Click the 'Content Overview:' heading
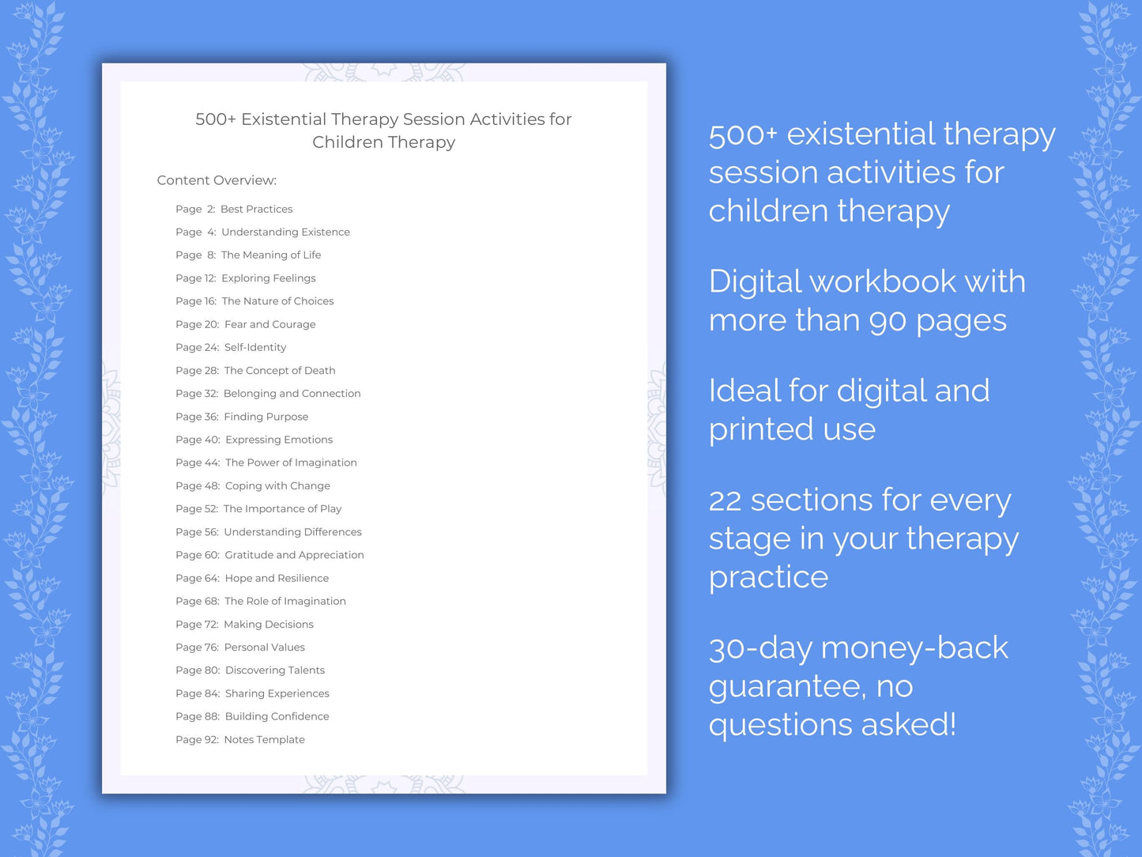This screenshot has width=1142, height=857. pos(217,180)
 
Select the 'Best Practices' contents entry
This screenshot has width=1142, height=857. pos(256,210)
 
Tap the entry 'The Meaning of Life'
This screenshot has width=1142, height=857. pos(271,255)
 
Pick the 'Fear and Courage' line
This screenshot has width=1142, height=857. pos(269,324)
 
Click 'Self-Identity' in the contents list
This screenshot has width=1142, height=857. pos(255,347)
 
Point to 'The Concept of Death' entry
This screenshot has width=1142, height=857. pos(280,371)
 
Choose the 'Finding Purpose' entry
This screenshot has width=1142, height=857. pos(266,417)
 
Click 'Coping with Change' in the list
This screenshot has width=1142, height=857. pos(277,486)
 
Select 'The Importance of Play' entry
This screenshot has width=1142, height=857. pos(282,509)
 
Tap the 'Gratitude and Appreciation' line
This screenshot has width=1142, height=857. pos(294,555)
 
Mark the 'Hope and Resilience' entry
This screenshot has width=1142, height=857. pos(277,579)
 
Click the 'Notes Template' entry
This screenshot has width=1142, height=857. pos(264,740)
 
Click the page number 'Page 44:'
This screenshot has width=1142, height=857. pos(198,463)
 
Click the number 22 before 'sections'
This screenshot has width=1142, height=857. pos(725,501)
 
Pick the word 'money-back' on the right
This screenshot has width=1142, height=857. pos(914,648)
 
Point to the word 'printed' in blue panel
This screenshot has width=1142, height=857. pos(761,430)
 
